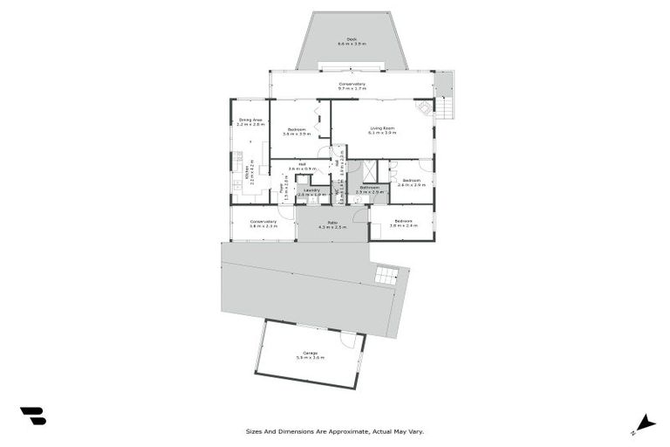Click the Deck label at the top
[352, 41]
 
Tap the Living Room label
[382, 130]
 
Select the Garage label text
[311, 355]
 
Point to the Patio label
[332, 224]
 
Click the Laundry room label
[311, 191]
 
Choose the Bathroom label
[369, 189]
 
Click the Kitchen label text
[251, 170]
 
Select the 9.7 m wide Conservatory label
[352, 86]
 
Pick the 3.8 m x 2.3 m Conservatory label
[263, 223]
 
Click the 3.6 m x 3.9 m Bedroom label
[297, 132]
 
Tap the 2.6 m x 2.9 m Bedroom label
[411, 183]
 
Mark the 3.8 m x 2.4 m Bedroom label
[404, 223]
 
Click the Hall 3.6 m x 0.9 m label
[301, 166]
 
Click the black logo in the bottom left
[33, 416]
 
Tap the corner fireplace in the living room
[425, 107]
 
